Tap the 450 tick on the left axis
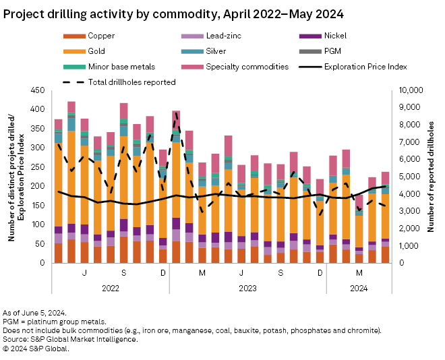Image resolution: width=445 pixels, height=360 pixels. [x=38, y=90]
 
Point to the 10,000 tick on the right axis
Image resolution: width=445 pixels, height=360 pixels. [x=412, y=90]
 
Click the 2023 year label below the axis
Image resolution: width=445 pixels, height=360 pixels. [x=247, y=289]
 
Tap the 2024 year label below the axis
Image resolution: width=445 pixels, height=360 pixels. [x=359, y=289]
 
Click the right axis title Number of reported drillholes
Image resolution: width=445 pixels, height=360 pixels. [x=434, y=177]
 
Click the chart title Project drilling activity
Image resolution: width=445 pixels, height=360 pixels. [x=173, y=13]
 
